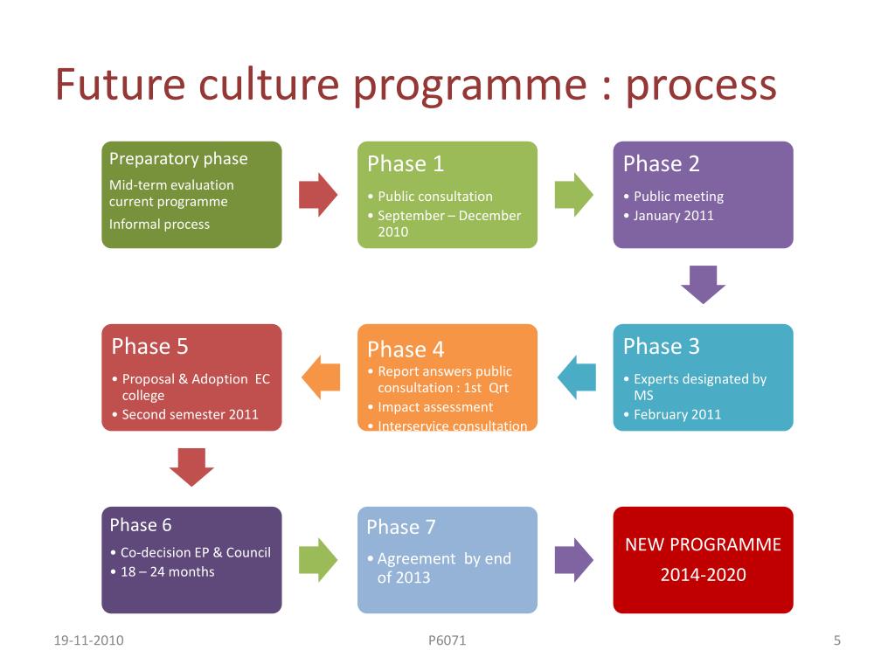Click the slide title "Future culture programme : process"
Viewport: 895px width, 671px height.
point(415,85)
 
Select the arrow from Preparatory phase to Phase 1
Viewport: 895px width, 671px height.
point(318,194)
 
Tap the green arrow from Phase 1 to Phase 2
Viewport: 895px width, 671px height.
point(573,194)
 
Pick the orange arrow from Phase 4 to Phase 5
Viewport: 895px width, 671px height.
point(321,377)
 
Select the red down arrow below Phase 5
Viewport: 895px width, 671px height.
point(191,467)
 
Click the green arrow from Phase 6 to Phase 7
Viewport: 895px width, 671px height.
point(318,559)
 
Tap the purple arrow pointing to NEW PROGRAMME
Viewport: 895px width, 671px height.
point(573,559)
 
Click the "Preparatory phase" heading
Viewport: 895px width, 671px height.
point(178,158)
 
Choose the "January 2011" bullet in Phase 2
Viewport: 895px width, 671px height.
point(674,215)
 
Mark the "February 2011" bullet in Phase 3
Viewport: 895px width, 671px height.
point(677,414)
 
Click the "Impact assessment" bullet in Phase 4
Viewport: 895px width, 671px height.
point(435,406)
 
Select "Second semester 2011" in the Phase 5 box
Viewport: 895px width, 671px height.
point(191,414)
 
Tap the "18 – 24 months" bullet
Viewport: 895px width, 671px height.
point(167,571)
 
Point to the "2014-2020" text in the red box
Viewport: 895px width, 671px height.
point(703,574)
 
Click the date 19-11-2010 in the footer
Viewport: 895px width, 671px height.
point(88,640)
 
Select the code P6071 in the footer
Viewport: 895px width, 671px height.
point(447,640)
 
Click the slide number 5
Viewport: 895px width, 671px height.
point(836,640)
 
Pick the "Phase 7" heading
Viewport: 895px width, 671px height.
point(401,527)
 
